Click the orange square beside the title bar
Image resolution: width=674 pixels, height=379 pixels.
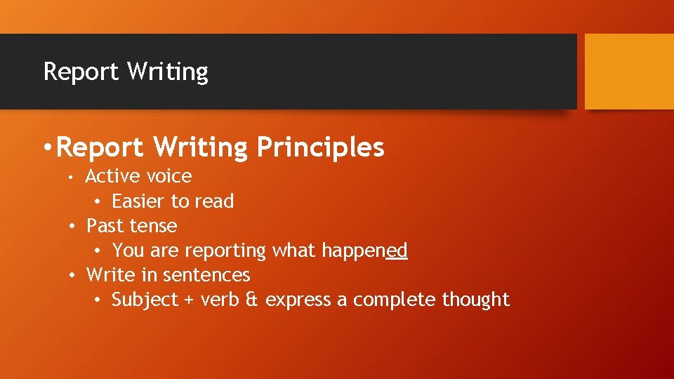click(x=629, y=72)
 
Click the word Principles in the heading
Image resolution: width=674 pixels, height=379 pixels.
click(x=320, y=147)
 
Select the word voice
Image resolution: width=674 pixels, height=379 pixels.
click(x=168, y=176)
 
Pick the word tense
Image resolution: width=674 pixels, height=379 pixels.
click(x=154, y=226)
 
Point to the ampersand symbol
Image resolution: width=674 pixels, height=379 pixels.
click(x=252, y=300)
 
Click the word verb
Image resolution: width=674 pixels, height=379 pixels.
click(x=220, y=300)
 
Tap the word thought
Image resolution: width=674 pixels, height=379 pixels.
click(x=475, y=300)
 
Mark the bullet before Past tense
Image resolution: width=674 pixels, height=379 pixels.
click(x=73, y=226)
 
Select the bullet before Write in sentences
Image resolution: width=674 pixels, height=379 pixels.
click(x=73, y=275)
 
